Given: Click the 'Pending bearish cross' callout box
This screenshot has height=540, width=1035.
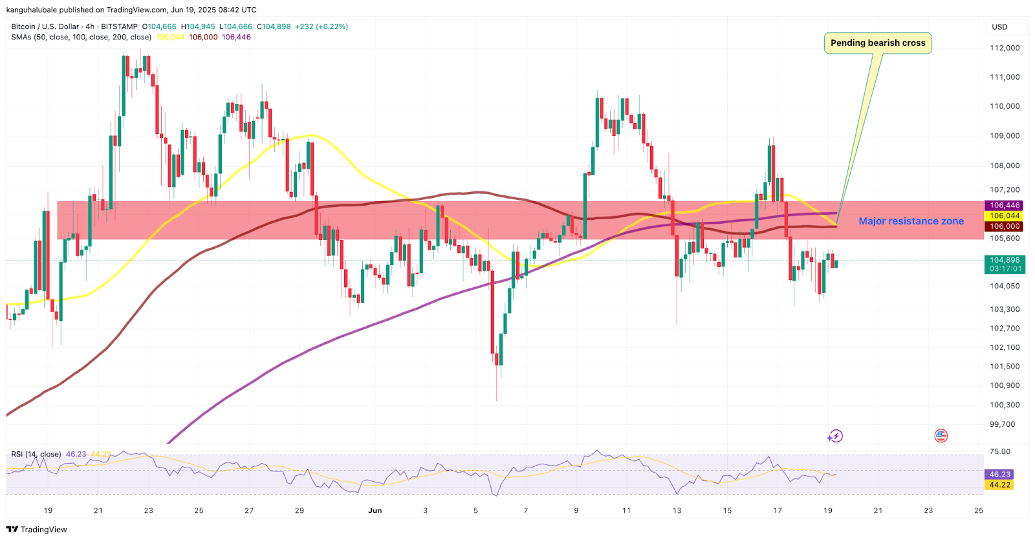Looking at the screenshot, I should [x=878, y=43].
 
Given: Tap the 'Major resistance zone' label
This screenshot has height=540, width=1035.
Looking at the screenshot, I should [x=911, y=221].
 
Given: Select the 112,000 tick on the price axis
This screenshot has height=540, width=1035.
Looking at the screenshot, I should [x=1005, y=48].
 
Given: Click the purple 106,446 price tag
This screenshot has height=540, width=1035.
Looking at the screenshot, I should [x=1004, y=206].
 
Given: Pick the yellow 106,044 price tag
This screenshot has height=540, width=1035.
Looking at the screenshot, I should [x=1004, y=216].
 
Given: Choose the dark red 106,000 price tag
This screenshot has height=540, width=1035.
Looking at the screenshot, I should [x=1004, y=226].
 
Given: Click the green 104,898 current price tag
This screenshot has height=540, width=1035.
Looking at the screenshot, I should [x=1004, y=260].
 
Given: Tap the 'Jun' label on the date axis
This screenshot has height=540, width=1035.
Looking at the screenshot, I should [x=375, y=510].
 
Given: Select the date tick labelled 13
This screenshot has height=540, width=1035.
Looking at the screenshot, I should [x=677, y=510].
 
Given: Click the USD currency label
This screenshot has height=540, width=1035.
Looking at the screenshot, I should [x=999, y=27].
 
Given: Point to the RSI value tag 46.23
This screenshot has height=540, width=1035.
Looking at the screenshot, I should [x=999, y=474].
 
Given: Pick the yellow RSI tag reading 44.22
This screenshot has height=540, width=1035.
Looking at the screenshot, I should [x=999, y=484].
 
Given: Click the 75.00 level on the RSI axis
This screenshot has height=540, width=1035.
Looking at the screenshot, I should [x=999, y=451].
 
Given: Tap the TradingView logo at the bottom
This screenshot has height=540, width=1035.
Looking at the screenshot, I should [x=37, y=529].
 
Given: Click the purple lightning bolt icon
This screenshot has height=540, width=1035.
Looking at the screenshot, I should [x=835, y=436].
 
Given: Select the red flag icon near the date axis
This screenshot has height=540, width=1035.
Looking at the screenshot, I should [x=941, y=436].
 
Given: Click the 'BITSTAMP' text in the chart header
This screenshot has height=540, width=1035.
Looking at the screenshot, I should [x=119, y=27].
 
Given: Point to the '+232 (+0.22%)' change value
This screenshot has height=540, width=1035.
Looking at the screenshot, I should [x=321, y=27].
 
